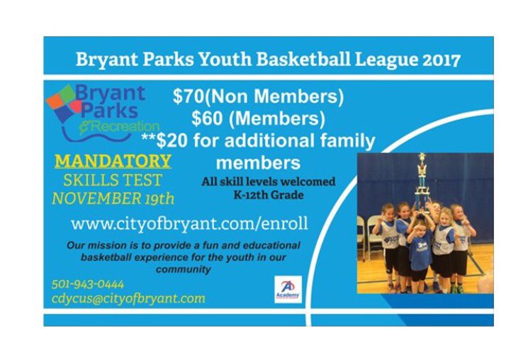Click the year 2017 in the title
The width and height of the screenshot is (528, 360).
[x=441, y=59]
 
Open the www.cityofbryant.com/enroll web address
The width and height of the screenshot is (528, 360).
[x=189, y=224]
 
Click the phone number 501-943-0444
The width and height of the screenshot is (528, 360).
[x=88, y=284]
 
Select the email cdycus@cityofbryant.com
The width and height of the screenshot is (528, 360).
[x=128, y=298]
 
